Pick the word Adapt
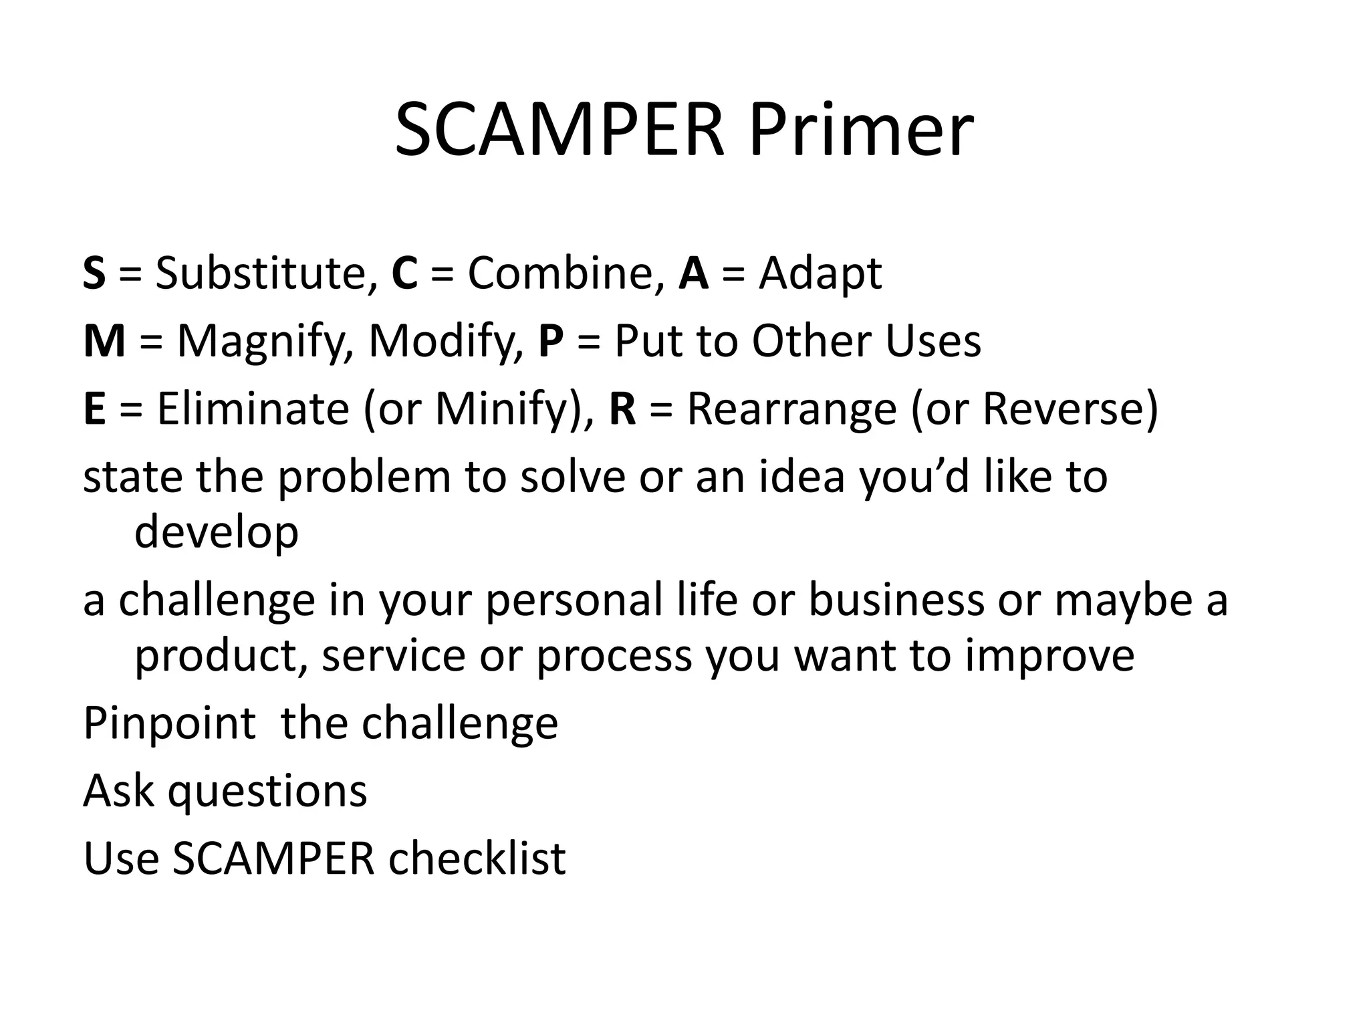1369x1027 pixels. [x=820, y=274]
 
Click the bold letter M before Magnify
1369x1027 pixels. [x=104, y=341]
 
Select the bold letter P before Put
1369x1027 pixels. [x=551, y=341]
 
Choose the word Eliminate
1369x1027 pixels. [x=253, y=409]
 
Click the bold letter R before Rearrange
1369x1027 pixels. [x=622, y=409]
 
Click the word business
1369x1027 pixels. [x=896, y=599]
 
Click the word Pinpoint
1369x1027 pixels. [x=169, y=723]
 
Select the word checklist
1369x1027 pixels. [x=477, y=859]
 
